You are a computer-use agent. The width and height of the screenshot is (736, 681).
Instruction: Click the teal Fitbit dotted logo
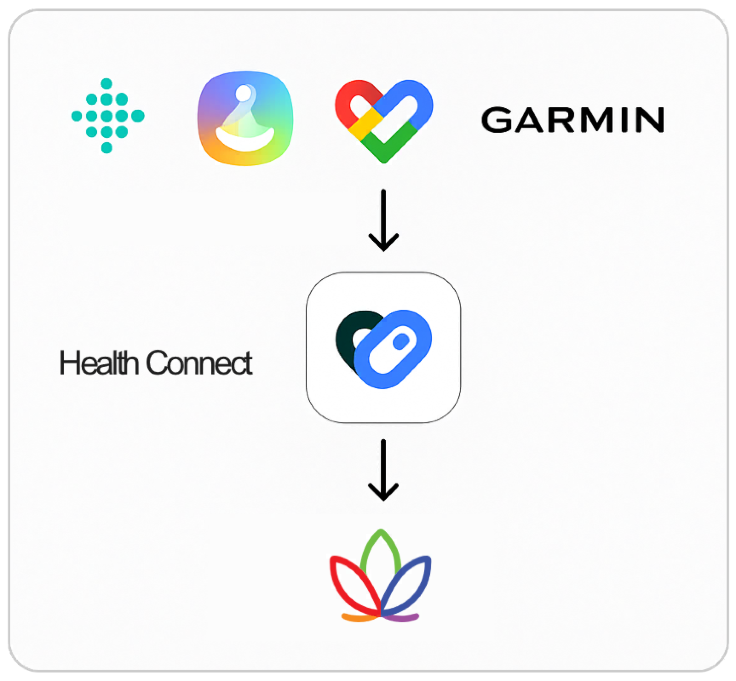pyautogui.click(x=107, y=115)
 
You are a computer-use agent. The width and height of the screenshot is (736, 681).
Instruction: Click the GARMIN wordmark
pyautogui.click(x=572, y=120)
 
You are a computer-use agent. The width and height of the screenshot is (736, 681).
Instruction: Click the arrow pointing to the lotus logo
pyautogui.click(x=383, y=470)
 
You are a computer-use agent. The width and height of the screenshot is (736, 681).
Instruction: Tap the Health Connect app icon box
pyautogui.click(x=383, y=347)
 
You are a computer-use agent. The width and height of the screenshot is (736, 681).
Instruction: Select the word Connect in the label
pyautogui.click(x=199, y=363)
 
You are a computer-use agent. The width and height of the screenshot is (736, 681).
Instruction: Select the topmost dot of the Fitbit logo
pyautogui.click(x=107, y=83)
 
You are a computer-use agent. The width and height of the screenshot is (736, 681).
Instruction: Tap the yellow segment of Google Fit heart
pyautogui.click(x=364, y=122)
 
